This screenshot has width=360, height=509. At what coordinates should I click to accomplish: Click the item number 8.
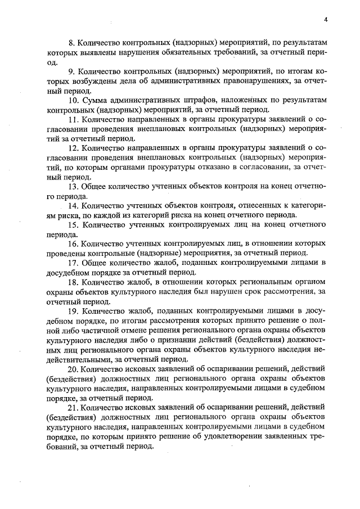pyautogui.click(x=71, y=43)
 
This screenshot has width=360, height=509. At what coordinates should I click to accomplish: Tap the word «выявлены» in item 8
pyautogui.click(x=87, y=53)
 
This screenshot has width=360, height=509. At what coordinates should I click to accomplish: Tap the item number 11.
pyautogui.click(x=73, y=120)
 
